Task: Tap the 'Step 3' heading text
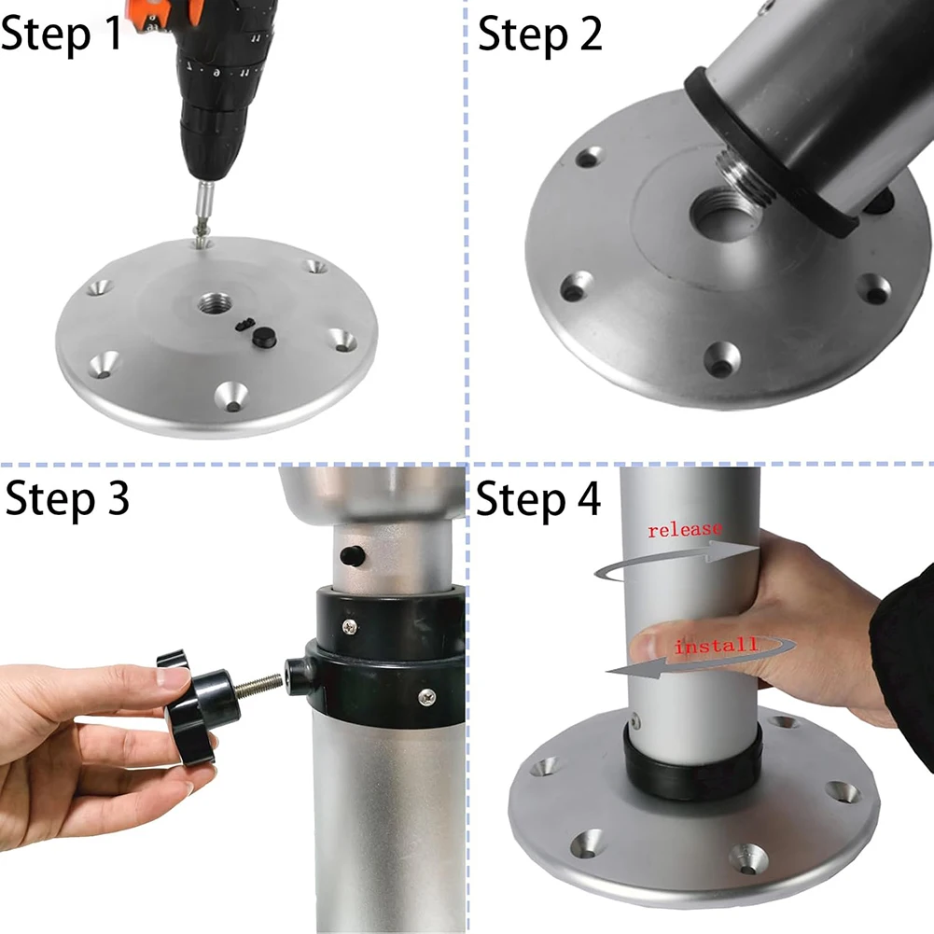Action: (67, 499)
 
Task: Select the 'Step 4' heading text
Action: (538, 500)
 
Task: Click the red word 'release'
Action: (685, 530)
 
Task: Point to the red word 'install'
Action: (716, 646)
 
